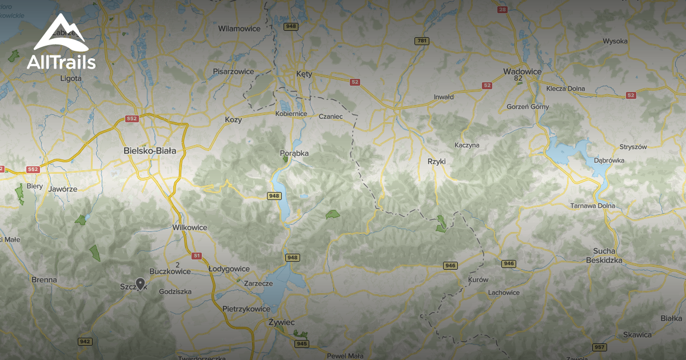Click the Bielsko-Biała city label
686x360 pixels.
pos(150,151)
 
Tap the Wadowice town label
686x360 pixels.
pos(522,71)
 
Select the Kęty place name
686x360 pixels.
pos(304,74)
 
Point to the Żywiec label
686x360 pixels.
pos(281,322)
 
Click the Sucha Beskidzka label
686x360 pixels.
pos(604,255)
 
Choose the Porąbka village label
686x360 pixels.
pos(294,153)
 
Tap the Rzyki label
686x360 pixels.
pos(436,162)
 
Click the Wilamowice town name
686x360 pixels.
pos(239,29)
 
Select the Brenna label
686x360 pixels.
pos(45,280)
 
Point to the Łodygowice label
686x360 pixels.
pos(229,269)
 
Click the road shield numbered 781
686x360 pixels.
pos(422,41)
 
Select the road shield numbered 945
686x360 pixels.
pos(302,343)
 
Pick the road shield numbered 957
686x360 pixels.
pos(600,347)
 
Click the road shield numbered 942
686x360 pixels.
pos(85,341)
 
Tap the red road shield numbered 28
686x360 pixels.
pos(502,9)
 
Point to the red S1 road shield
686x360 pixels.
pos(197,255)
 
